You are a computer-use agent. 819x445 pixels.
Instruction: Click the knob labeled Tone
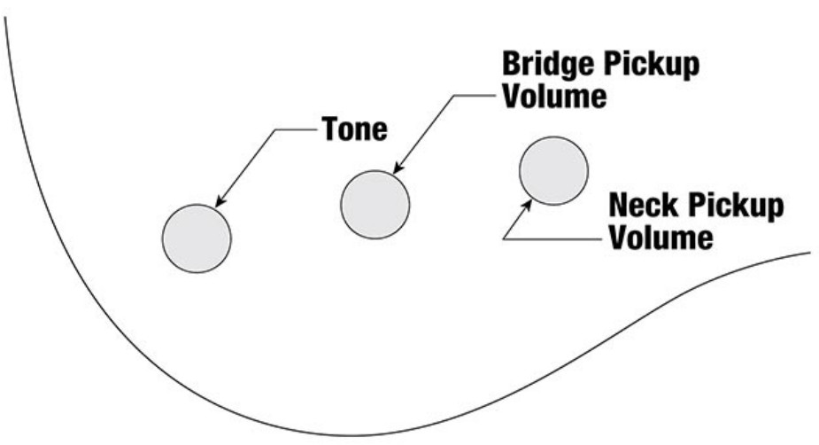(197, 238)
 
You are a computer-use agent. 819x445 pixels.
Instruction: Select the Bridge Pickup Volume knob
(375, 205)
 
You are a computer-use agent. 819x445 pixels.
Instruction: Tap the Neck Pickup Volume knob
(553, 170)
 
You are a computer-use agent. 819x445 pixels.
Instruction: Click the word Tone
(355, 129)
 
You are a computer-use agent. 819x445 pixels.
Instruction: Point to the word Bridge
(549, 64)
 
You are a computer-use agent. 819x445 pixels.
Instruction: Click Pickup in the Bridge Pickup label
(652, 65)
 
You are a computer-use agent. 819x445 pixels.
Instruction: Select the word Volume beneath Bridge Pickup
(554, 96)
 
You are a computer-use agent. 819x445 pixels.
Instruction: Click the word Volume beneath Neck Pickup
(661, 237)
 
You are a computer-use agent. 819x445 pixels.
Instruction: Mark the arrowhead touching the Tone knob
(220, 201)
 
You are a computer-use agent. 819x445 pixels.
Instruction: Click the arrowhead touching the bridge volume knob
(398, 168)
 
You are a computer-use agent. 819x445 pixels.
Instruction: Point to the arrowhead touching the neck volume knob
(528, 206)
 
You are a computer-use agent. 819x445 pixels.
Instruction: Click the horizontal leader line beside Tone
(296, 129)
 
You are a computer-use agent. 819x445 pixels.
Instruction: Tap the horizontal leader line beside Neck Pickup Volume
(552, 239)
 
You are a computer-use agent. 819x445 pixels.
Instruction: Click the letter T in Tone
(330, 129)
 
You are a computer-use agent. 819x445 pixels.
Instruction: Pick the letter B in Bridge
(512, 63)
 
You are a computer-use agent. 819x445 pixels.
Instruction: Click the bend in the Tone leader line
(275, 129)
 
